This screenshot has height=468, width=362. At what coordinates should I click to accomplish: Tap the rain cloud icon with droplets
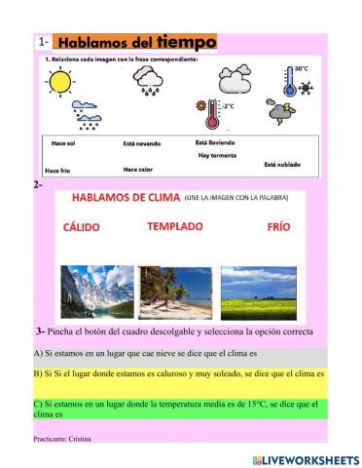149,82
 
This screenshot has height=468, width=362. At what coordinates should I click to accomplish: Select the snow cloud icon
90,117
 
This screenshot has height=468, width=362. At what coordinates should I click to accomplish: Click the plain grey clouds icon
235,78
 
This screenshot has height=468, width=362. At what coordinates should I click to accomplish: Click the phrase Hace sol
65,143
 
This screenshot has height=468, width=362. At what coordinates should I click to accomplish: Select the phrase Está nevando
142,143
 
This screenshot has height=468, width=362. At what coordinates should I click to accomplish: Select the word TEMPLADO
175,226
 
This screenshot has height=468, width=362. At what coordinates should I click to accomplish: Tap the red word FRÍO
279,226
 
